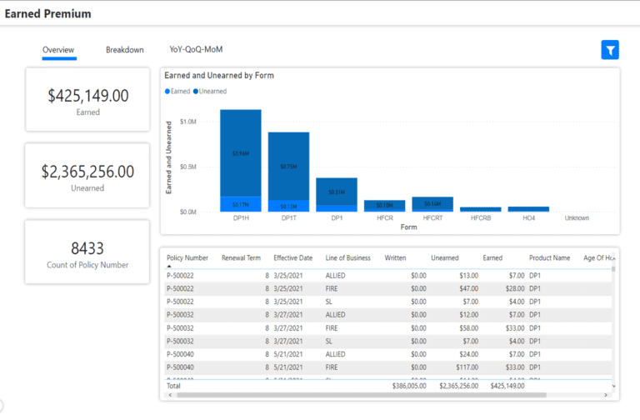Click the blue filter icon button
610,50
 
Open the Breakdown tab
124,50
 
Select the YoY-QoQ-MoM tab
196,50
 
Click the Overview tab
58,50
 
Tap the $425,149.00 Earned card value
87,96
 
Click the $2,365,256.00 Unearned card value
87,172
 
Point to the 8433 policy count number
87,248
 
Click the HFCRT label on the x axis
432,217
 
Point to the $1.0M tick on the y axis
188,122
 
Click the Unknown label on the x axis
577,217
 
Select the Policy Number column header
187,258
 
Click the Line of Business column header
349,258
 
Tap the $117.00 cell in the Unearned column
467,367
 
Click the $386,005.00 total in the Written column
409,386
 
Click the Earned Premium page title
48,14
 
